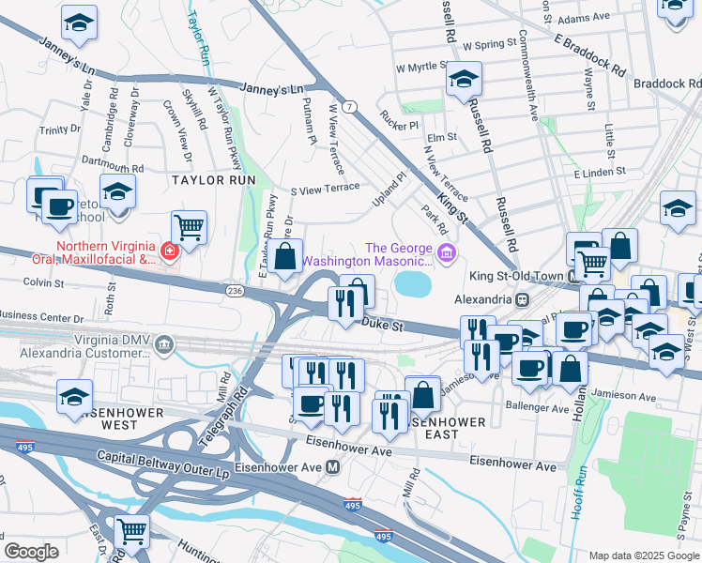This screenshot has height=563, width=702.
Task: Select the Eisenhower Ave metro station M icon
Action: [332, 467]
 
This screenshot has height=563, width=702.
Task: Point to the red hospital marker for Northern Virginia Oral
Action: [169, 251]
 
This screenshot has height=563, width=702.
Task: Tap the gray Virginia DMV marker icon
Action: [165, 344]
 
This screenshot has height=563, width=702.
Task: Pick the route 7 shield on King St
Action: [348, 107]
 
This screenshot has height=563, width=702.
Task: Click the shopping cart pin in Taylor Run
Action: [190, 226]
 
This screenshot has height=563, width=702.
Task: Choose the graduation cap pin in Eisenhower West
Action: [75, 394]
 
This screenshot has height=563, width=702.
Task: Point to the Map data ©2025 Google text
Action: [642, 555]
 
